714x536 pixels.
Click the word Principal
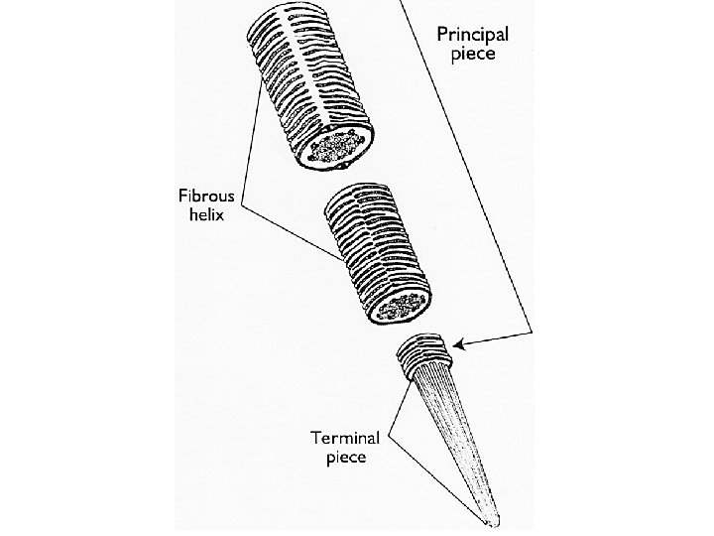point(474,33)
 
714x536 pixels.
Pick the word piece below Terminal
point(347,458)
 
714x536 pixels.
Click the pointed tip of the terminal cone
point(493,521)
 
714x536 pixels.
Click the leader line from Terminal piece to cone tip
point(436,476)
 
